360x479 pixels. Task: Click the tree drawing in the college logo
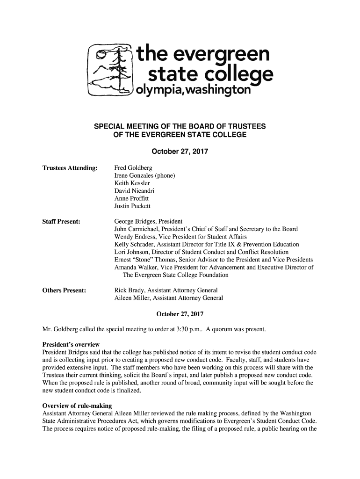point(111,69)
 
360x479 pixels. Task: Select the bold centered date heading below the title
point(180,152)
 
